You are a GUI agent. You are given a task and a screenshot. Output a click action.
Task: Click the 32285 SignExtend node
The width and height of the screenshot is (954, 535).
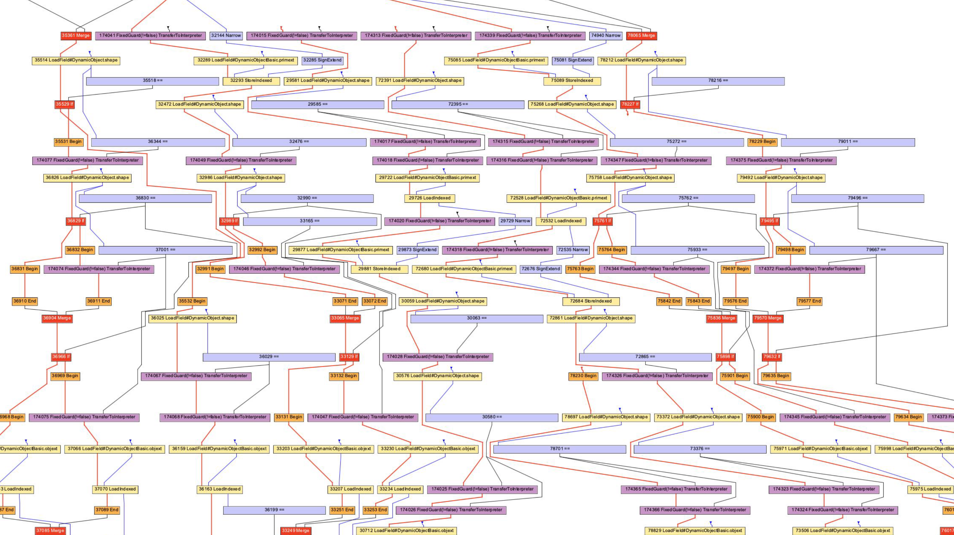point(322,60)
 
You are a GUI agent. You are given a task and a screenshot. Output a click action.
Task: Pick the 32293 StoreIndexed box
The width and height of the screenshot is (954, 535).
point(251,81)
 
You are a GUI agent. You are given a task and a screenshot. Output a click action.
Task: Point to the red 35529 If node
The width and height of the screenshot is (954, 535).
point(64,105)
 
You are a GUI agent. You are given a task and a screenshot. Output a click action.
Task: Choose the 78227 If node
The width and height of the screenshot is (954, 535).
point(630,105)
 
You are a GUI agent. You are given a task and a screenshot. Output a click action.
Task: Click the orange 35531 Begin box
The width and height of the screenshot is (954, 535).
point(68,142)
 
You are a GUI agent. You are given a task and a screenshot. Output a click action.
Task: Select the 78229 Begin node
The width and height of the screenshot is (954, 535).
point(762,142)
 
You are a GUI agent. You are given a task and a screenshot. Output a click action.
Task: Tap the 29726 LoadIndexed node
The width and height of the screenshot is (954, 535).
point(430,198)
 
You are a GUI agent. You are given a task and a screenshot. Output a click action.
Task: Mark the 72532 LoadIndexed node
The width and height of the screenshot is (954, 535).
point(561,221)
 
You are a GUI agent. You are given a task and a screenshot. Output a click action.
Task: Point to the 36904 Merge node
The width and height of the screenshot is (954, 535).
point(57,318)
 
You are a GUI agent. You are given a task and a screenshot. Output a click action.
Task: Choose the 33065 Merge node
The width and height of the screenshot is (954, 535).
point(345,318)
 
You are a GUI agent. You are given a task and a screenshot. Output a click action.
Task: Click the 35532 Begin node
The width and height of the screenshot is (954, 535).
point(192,301)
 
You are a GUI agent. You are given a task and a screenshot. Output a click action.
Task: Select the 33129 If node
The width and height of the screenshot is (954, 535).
point(349,357)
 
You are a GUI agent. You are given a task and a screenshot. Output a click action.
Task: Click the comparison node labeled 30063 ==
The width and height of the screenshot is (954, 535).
point(477,318)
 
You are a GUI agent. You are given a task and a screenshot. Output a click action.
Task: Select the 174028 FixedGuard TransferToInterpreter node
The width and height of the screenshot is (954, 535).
point(438,357)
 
